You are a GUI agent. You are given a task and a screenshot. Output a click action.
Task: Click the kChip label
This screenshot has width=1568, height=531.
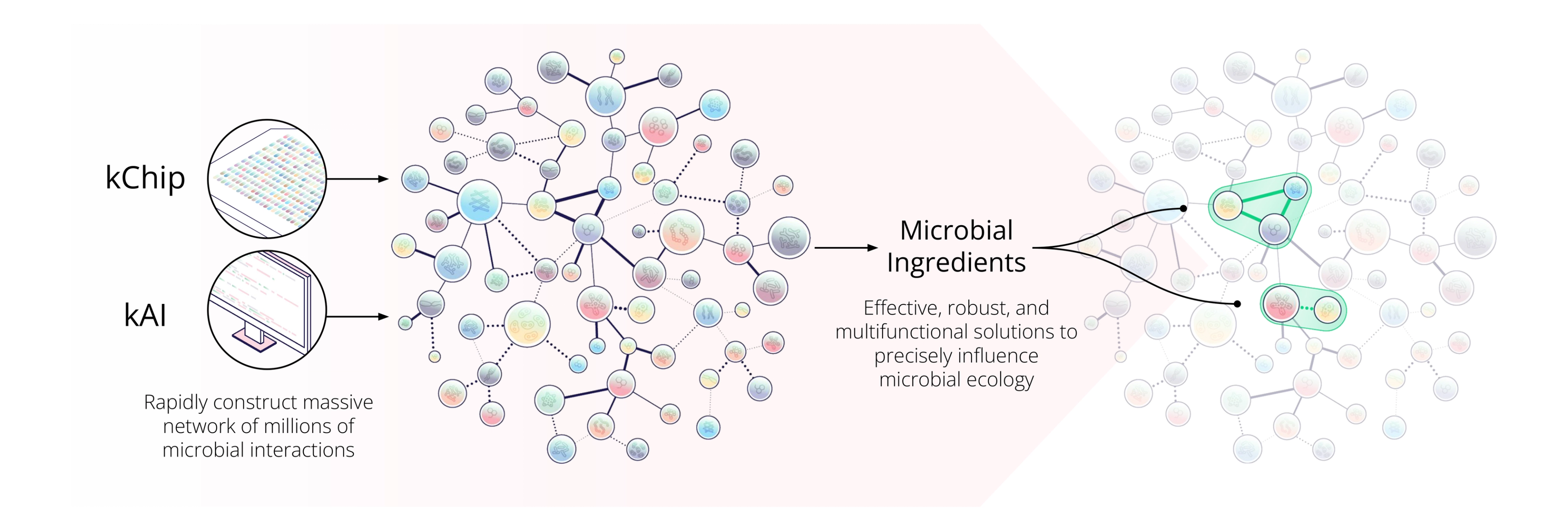coord(145,178)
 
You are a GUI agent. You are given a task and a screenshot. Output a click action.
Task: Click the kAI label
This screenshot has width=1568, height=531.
coord(145,315)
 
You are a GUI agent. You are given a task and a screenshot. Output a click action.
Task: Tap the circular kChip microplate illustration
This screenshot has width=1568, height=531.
coord(267,178)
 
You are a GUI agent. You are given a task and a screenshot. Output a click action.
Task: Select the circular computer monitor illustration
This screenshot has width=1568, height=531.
coord(267,310)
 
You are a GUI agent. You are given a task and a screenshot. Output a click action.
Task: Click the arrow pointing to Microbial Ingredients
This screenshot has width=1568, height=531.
coord(846,248)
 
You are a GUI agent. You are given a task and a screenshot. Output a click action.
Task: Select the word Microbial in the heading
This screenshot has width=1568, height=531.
coord(956,231)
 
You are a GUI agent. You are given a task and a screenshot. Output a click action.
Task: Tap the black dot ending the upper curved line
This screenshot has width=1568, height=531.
coord(1183,208)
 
